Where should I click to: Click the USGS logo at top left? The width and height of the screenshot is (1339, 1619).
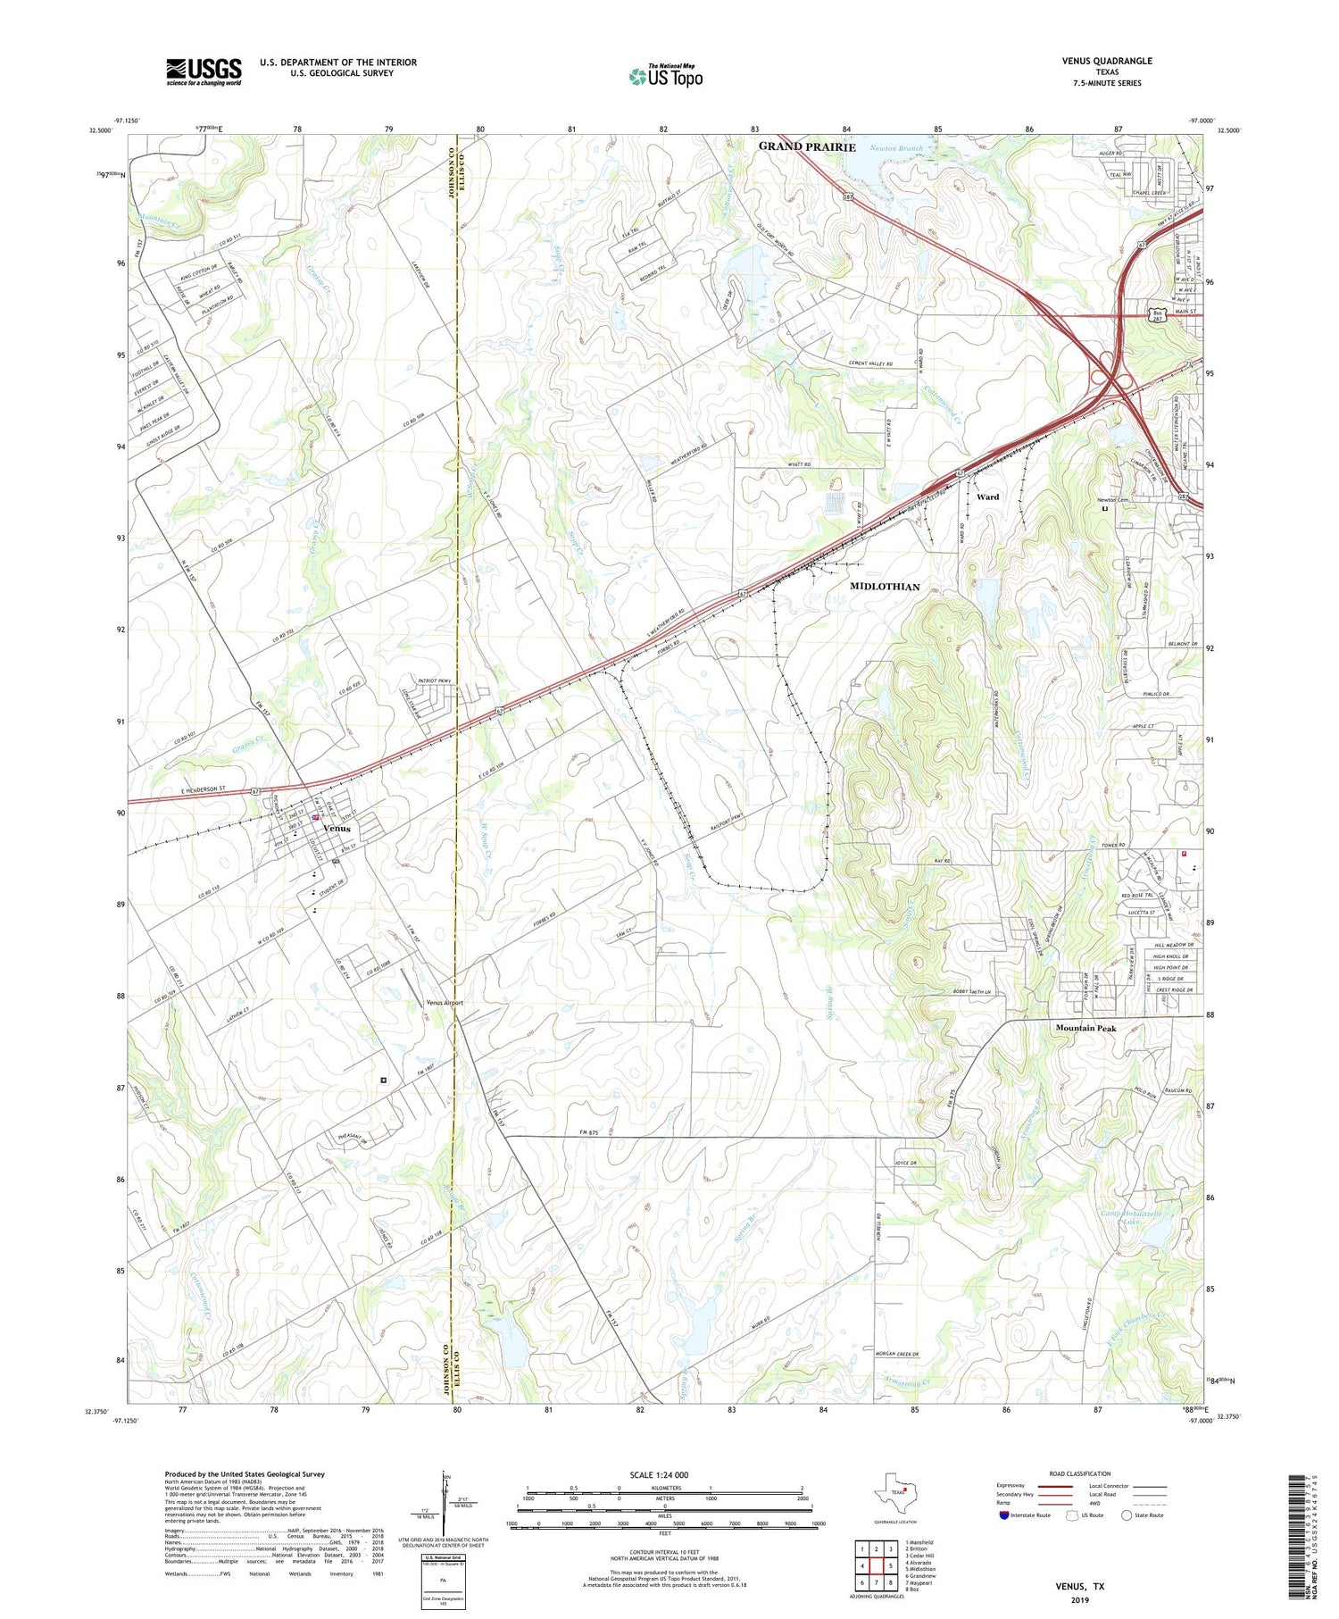[204, 71]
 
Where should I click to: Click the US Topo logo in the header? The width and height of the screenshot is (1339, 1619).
[665, 77]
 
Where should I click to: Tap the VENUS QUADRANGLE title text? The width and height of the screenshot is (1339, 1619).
[1106, 61]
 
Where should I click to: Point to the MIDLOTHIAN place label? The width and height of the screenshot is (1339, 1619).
[884, 587]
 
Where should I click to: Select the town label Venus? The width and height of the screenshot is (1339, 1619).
[337, 828]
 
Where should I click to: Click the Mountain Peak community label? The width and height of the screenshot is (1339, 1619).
[1085, 1028]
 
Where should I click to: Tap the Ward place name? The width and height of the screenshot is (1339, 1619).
[987, 497]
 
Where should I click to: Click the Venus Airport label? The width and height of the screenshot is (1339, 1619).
[445, 1002]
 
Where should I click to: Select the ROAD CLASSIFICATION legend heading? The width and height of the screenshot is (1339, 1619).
[1080, 1473]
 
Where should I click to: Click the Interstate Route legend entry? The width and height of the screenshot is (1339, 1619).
[1027, 1515]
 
